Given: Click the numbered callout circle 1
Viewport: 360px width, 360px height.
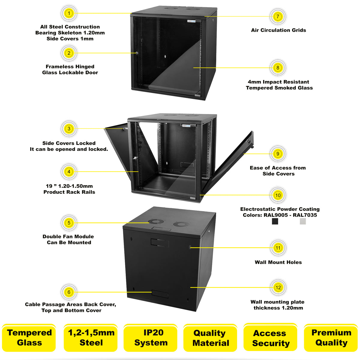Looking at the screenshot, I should (x=69, y=13).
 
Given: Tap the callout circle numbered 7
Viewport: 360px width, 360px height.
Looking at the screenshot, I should (x=278, y=16).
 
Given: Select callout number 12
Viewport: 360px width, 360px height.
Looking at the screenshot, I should (x=278, y=287).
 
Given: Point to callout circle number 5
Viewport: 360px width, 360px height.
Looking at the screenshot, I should (x=69, y=223).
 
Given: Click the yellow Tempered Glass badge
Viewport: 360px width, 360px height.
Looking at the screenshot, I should (x=29, y=337).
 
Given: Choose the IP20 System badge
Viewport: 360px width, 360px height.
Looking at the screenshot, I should (x=151, y=337).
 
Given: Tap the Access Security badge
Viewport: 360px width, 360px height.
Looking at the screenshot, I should (x=271, y=338).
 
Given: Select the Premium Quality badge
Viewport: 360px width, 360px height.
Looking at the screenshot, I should (x=331, y=337).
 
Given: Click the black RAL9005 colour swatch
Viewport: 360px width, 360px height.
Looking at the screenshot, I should (x=275, y=221).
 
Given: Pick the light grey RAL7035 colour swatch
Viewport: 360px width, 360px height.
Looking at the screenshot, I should (x=303, y=221).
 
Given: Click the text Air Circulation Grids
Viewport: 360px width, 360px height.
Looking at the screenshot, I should (x=278, y=30).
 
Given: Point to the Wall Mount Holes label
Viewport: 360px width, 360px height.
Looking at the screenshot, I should (x=278, y=262).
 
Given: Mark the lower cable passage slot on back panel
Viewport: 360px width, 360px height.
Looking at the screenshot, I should (x=160, y=294).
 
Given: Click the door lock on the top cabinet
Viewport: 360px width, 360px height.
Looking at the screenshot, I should (x=137, y=53).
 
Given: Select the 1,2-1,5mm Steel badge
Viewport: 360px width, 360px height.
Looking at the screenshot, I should (x=91, y=337).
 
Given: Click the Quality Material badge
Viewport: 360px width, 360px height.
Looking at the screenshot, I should (x=210, y=338).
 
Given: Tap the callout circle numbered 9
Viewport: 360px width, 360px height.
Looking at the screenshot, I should (x=278, y=154).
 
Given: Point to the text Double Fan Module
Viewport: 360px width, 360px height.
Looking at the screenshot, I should (x=68, y=236).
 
